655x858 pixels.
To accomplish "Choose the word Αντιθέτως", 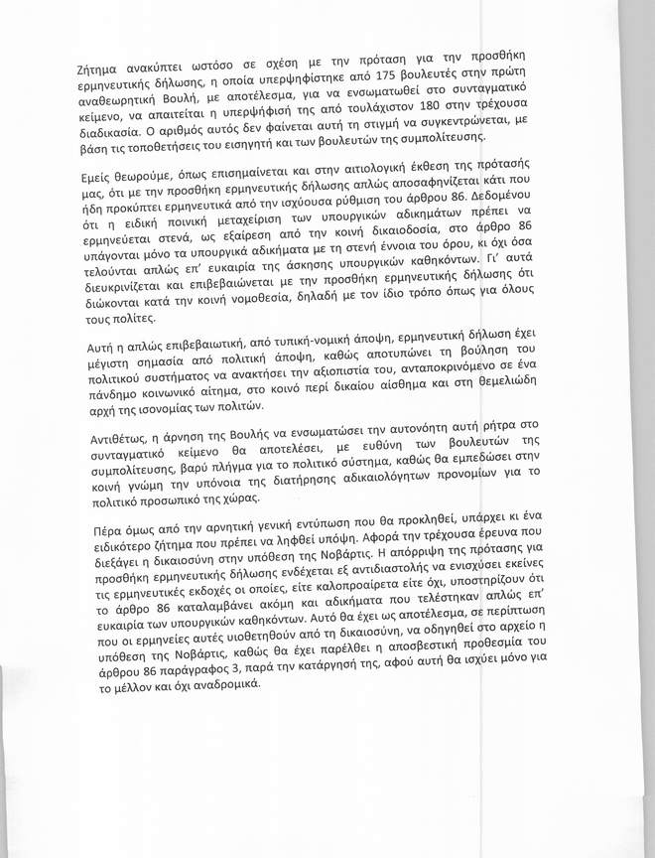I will (110, 441).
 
